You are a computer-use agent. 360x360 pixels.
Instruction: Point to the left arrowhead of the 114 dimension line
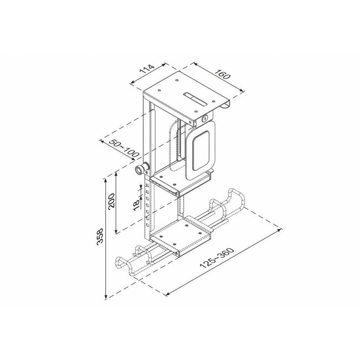[x=132, y=83]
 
